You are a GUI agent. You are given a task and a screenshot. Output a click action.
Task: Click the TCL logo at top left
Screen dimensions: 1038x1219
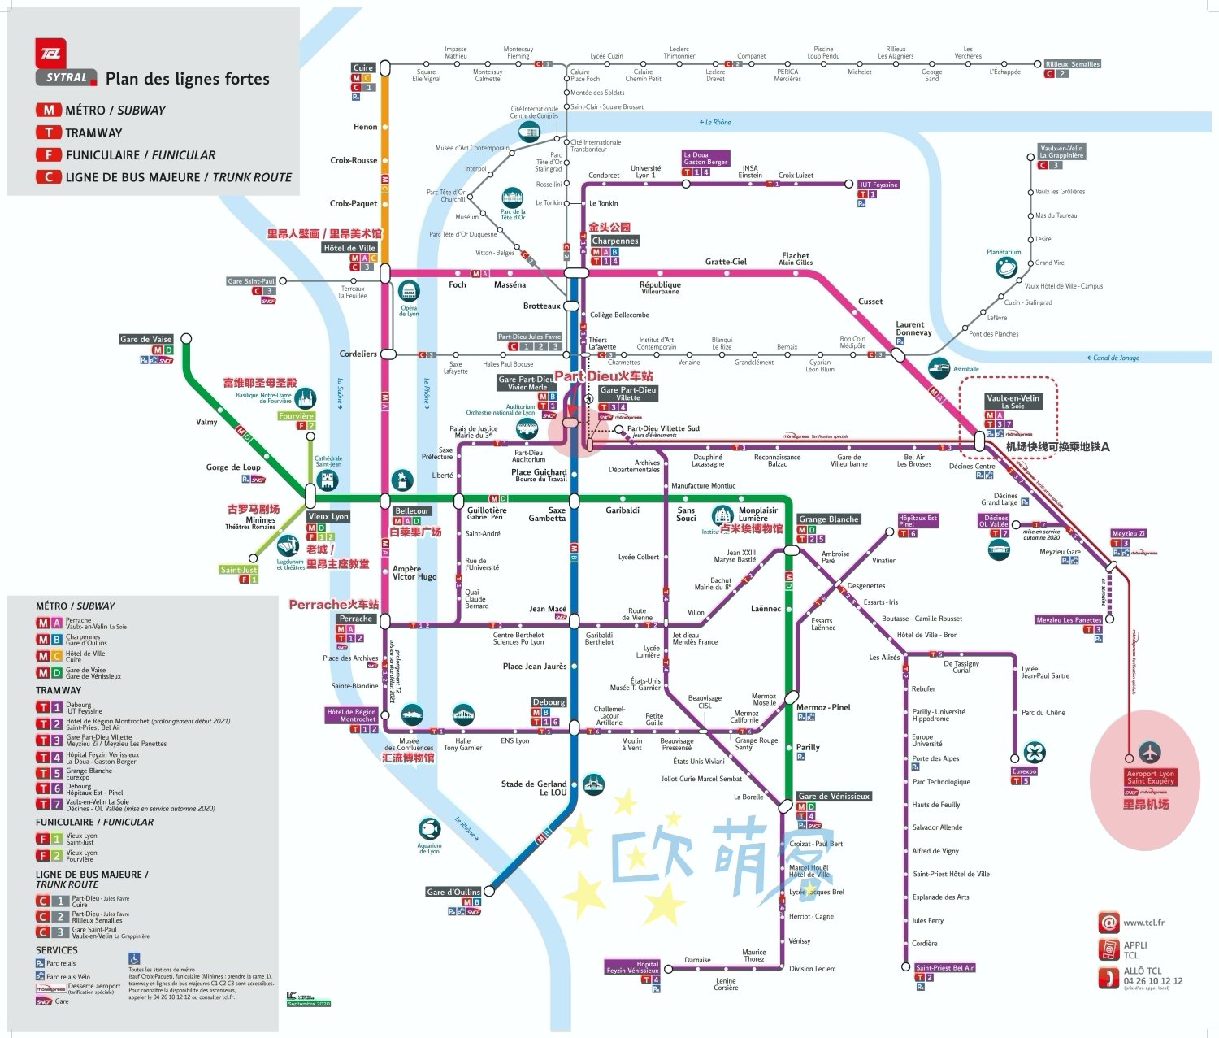[50, 53]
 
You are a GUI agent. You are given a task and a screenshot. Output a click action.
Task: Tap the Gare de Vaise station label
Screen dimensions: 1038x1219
[146, 339]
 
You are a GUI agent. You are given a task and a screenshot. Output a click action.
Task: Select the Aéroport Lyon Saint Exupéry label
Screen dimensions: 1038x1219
[1150, 777]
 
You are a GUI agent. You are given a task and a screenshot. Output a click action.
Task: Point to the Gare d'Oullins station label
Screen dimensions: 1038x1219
[453, 892]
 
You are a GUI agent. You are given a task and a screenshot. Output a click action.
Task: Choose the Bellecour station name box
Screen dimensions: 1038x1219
[411, 510]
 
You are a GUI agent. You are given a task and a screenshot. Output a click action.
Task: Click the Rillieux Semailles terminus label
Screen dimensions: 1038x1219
[1073, 63]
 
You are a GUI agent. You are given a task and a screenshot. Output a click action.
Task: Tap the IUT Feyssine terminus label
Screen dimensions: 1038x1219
[879, 185]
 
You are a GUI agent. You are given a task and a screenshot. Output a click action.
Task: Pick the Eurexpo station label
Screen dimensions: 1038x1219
[1025, 771]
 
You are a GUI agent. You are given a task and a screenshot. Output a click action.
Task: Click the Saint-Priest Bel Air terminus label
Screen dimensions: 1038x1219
[945, 967]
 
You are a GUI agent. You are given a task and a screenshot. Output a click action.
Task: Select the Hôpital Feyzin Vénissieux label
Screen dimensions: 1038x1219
[632, 966]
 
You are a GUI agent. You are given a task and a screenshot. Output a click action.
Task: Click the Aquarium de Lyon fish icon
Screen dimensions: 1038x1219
[428, 828]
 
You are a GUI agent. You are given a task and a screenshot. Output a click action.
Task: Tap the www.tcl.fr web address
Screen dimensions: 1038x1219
[1143, 923]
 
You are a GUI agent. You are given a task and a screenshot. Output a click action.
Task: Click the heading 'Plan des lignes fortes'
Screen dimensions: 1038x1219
[187, 79]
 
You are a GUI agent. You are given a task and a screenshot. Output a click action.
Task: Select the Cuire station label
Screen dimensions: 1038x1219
[363, 67]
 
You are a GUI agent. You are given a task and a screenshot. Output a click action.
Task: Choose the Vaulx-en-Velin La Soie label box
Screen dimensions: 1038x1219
[1013, 402]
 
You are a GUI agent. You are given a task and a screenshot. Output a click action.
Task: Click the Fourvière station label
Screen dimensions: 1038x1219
[296, 416]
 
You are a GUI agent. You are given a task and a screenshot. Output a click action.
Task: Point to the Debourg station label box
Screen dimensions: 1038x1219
[549, 701]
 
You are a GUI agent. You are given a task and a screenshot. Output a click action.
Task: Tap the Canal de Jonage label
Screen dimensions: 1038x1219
[1117, 358]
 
